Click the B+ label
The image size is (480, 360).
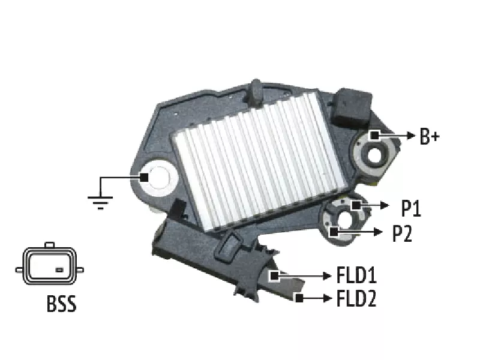tap(430, 137)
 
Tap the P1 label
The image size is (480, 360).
tap(411, 208)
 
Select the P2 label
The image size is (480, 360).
tap(402, 233)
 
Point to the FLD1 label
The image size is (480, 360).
tap(356, 275)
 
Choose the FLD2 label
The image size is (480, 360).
tap(356, 298)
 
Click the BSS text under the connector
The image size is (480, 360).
tap(61, 304)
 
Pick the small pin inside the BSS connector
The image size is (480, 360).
tap(59, 270)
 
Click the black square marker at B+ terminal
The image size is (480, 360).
tap(374, 135)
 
